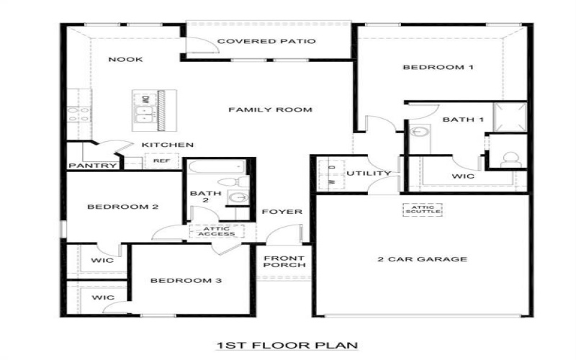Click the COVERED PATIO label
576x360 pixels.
pyautogui.click(x=266, y=42)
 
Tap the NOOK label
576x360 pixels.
pyautogui.click(x=125, y=59)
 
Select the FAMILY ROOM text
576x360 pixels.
pyautogui.click(x=270, y=110)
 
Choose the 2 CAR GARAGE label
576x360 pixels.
pyautogui.click(x=423, y=259)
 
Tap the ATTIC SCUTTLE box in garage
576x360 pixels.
pyautogui.click(x=421, y=210)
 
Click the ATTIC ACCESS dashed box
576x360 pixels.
pyautogui.click(x=216, y=231)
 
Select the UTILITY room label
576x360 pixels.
pyautogui.click(x=369, y=174)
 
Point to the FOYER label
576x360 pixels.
pyautogui.click(x=281, y=212)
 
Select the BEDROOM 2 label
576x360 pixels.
pyautogui.click(x=112, y=207)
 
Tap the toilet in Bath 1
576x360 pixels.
pyautogui.click(x=510, y=158)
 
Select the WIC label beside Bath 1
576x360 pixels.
pyautogui.click(x=462, y=175)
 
